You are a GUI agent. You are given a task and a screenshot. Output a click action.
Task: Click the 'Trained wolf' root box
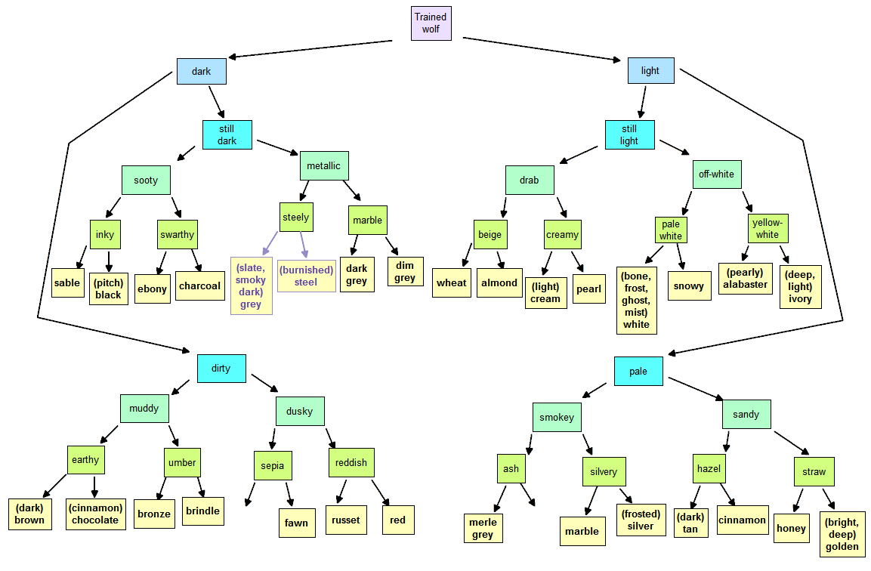click(x=431, y=23)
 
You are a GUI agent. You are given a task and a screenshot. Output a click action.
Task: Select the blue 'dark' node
click(x=201, y=71)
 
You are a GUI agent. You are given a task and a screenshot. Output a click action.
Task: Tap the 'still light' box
click(x=629, y=134)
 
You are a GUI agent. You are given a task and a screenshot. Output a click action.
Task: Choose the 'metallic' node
click(x=324, y=165)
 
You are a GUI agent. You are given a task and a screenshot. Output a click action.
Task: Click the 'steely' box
click(x=296, y=218)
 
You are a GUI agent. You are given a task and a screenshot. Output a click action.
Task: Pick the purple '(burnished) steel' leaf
click(x=306, y=276)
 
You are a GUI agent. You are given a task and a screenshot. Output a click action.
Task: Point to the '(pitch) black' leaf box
click(x=108, y=289)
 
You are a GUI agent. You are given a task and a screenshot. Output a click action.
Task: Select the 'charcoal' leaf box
click(x=200, y=285)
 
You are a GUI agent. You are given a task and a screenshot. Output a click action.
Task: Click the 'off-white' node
click(x=717, y=174)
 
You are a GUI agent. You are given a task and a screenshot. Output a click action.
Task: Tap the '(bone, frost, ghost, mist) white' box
click(x=637, y=301)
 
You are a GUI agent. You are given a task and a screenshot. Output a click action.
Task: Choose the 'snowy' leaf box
click(x=689, y=285)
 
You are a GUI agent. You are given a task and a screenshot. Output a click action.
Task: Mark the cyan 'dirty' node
click(x=221, y=369)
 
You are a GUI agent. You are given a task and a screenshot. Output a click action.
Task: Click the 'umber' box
click(x=182, y=463)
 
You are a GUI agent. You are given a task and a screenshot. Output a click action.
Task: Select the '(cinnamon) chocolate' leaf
click(x=95, y=514)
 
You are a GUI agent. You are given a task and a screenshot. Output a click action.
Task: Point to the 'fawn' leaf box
click(x=297, y=523)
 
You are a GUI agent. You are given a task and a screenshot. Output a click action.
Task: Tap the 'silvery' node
click(x=604, y=471)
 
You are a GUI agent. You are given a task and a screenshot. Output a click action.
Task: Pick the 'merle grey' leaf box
click(x=483, y=528)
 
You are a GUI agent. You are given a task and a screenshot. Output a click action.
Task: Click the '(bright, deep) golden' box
click(x=842, y=534)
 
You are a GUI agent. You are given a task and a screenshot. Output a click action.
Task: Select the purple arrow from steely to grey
click(x=270, y=243)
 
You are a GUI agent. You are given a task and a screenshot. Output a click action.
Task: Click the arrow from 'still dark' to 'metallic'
click(x=278, y=147)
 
